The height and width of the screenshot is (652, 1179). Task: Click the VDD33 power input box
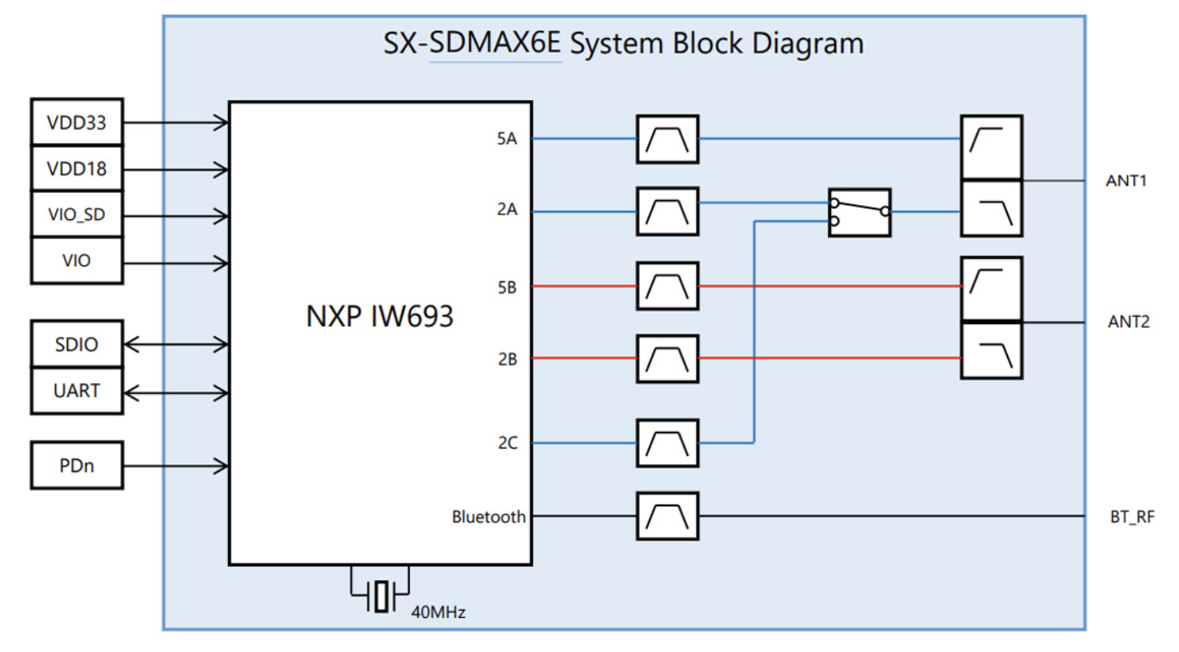pos(77,122)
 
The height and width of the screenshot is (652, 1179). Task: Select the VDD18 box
pos(77,169)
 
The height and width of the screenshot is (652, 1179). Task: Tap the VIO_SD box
pos(77,215)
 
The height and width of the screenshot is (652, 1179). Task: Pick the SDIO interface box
pos(77,344)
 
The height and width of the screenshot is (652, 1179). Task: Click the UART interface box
pos(77,391)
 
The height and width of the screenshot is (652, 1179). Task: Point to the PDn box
pos(77,466)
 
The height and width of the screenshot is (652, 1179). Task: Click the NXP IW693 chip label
pos(379,317)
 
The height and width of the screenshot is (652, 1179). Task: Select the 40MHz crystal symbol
pos(380,596)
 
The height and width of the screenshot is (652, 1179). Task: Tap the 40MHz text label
pos(439,613)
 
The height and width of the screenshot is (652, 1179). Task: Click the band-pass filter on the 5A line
pos(667,139)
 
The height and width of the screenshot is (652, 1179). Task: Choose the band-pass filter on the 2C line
pos(667,443)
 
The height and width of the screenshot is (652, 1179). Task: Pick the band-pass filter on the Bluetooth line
pos(667,516)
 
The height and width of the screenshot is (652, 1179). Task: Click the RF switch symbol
pos(860,213)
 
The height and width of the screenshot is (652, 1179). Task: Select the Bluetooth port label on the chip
pos(488,517)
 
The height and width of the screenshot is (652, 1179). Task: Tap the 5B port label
pos(507,287)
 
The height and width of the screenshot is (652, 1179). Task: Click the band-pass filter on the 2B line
pos(667,358)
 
